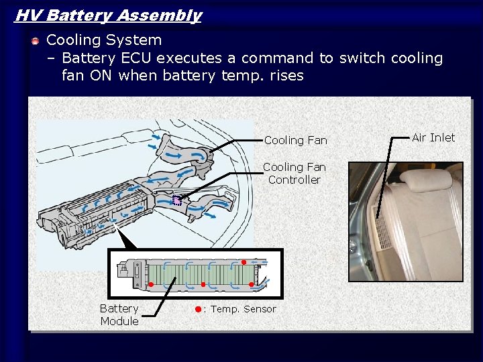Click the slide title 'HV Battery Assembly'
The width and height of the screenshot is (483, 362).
[x=109, y=15]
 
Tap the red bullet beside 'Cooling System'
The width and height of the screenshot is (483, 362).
[x=36, y=41]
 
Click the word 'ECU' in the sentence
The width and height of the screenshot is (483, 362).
[x=136, y=58]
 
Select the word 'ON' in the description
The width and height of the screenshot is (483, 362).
[x=101, y=75]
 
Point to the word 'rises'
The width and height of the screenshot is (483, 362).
[x=287, y=75]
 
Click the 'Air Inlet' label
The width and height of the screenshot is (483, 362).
[x=433, y=137]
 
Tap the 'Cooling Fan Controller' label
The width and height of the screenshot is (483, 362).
[x=294, y=174]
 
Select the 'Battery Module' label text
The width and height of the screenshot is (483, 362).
[x=119, y=314]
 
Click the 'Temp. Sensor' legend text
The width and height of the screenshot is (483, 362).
[x=244, y=309]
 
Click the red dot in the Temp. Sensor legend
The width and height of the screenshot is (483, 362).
[x=199, y=309]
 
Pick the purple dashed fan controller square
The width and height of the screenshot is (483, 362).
[x=177, y=200]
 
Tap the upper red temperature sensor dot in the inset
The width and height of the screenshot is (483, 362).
[x=244, y=262]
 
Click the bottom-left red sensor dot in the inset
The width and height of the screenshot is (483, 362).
[x=151, y=284]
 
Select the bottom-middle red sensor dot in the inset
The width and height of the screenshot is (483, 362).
[x=203, y=284]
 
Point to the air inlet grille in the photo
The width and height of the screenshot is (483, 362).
[x=382, y=229]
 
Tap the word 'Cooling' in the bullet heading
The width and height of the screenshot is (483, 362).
[x=74, y=40]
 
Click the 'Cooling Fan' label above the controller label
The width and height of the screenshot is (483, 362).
[x=296, y=140]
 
